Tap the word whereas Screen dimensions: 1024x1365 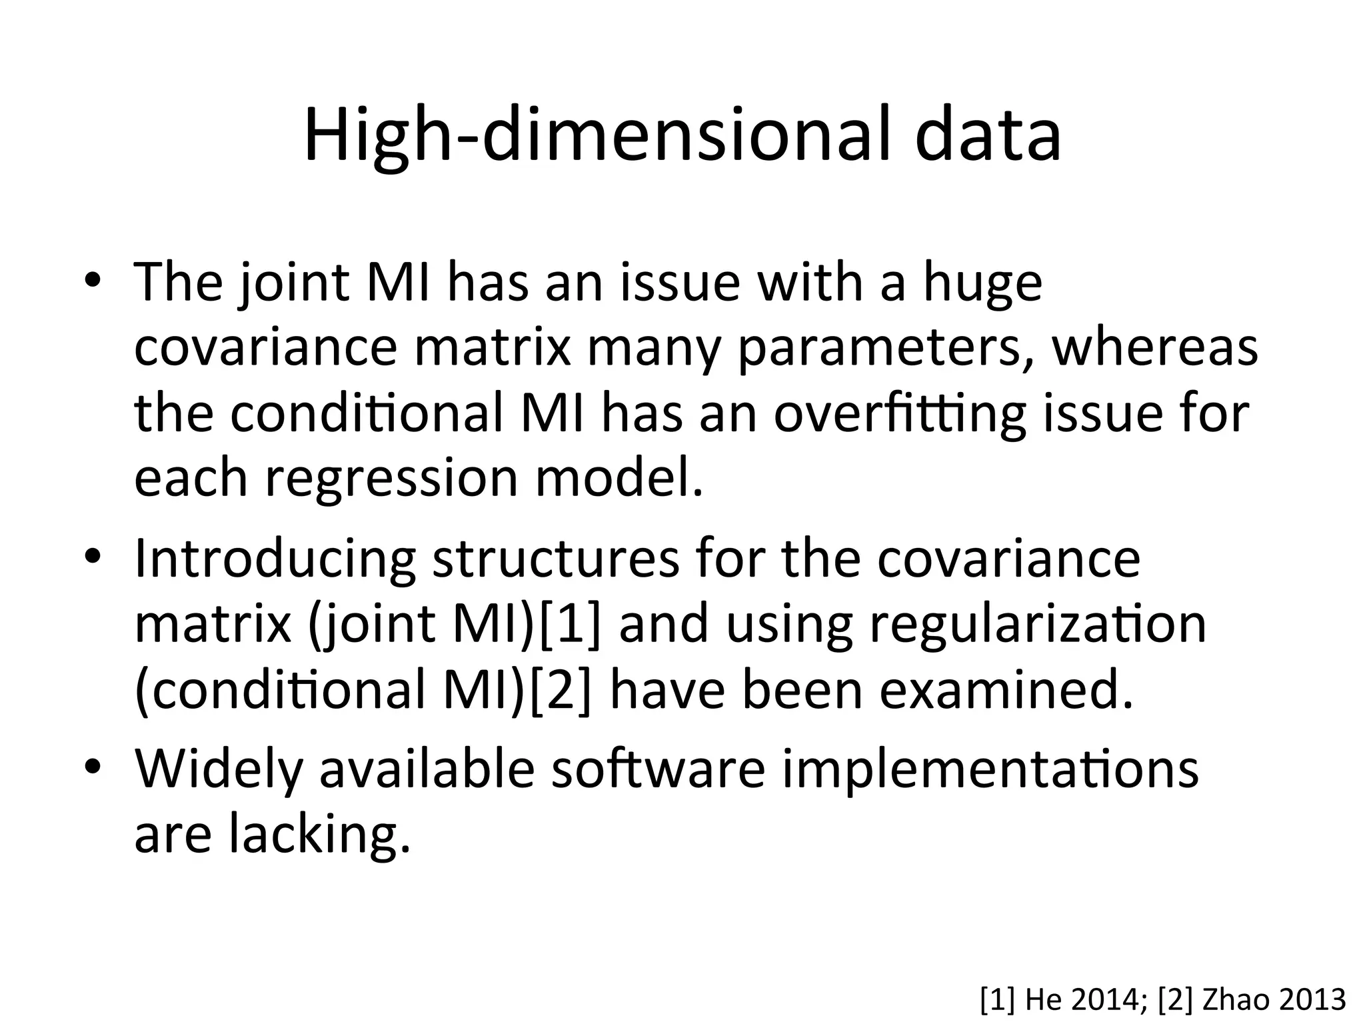click(x=1154, y=347)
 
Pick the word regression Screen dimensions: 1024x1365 click(x=391, y=479)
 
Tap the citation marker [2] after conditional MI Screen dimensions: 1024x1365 click(x=561, y=691)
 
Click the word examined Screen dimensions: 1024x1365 click(x=1006, y=689)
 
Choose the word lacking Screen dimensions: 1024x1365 click(x=319, y=835)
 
